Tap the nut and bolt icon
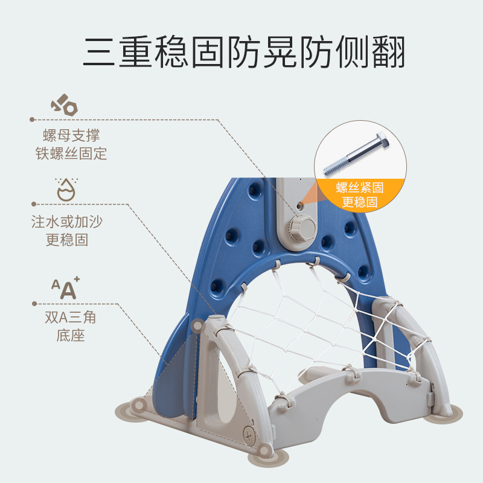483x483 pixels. coord(64,106)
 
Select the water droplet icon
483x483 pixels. coord(65,189)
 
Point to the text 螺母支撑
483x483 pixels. coord(71,135)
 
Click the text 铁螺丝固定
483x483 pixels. coord(71,153)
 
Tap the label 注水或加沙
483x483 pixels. coord(67,222)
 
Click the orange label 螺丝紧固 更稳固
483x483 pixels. coord(359,194)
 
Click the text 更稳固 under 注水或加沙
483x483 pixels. coord(67,240)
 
